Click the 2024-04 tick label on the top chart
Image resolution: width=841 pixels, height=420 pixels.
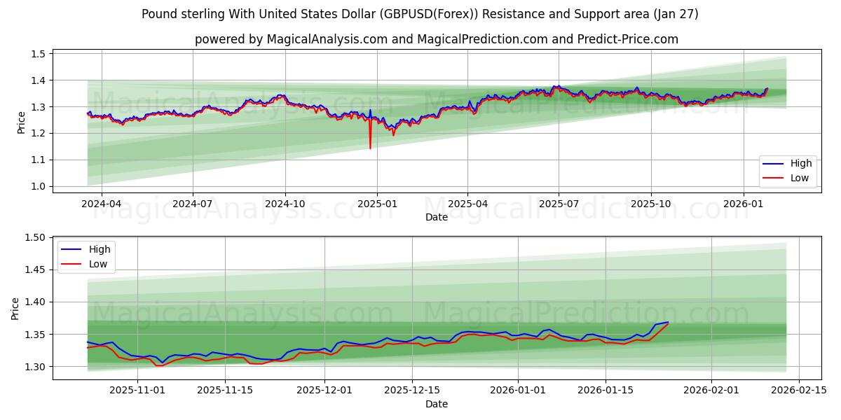point(102,204)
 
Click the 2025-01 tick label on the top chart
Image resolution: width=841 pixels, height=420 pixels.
point(377,204)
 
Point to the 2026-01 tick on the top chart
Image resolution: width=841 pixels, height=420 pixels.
point(744,204)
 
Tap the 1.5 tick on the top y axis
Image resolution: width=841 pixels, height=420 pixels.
point(39,54)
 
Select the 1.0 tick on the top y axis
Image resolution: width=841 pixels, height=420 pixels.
point(39,186)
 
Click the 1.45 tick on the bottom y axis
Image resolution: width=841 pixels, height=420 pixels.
point(36,270)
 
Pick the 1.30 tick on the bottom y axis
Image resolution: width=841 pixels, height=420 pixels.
point(36,367)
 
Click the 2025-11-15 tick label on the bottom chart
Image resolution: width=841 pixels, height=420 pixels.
point(225,391)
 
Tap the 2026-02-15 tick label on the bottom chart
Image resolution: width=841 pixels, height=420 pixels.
point(798,391)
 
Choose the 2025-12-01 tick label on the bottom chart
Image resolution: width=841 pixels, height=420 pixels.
point(324,391)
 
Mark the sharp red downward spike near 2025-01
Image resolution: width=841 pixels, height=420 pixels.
point(370,147)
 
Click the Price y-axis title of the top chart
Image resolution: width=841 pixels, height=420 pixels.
point(22,122)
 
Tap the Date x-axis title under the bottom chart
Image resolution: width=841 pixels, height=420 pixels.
point(436,404)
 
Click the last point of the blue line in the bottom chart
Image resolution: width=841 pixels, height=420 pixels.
point(668,322)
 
